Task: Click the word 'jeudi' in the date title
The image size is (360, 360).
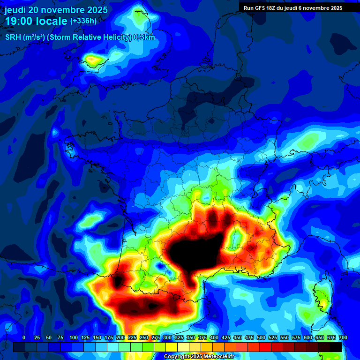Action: (x=15, y=10)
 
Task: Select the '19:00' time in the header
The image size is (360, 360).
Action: (x=18, y=22)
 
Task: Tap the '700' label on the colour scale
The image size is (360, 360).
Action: (x=343, y=337)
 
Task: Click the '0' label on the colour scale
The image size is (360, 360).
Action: (x=24, y=337)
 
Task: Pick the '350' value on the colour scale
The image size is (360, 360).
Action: (x=191, y=337)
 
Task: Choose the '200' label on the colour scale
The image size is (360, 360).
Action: (x=120, y=337)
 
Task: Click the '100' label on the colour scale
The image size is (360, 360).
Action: (x=74, y=337)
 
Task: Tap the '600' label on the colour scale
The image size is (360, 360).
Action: (x=308, y=337)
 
